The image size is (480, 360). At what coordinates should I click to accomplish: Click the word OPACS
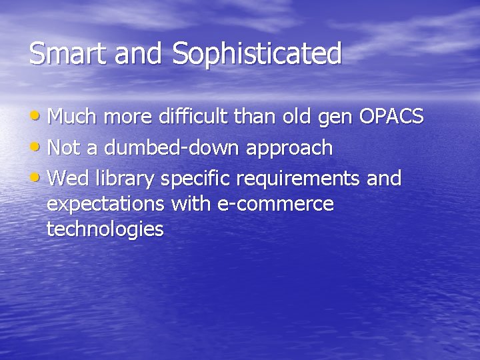tap(391, 117)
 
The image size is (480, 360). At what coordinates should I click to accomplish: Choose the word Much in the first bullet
tap(72, 117)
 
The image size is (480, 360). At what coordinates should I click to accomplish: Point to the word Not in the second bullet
tap(64, 148)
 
